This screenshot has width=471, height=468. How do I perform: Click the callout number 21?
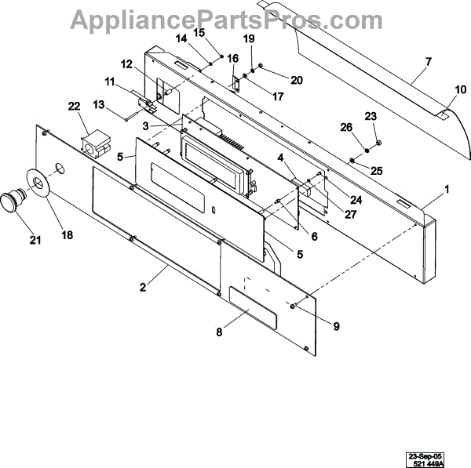pyautogui.click(x=35, y=240)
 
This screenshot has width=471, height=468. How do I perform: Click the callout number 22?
pyautogui.click(x=75, y=107)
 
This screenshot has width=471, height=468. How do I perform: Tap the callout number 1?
pyautogui.click(x=447, y=189)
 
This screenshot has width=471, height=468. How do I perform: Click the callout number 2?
pyautogui.click(x=143, y=287)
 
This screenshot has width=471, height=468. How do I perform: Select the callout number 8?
pyautogui.click(x=219, y=332)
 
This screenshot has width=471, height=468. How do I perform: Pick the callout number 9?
pyautogui.click(x=336, y=326)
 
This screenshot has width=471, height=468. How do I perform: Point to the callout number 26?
pyautogui.click(x=346, y=128)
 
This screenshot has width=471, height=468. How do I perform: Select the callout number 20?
pyautogui.click(x=274, y=79)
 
